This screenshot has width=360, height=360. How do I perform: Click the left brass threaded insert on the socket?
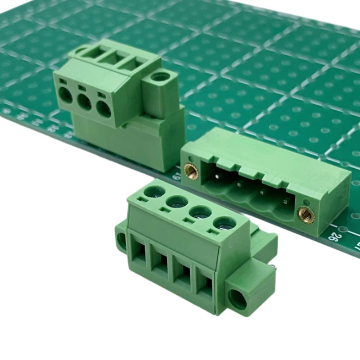point(191,171)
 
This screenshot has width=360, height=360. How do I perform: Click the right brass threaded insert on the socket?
point(306,215)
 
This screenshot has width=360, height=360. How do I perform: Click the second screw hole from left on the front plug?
point(177,202)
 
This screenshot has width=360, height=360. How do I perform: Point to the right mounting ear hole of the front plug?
point(238,299)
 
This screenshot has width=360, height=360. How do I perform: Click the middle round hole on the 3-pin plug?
point(84,103)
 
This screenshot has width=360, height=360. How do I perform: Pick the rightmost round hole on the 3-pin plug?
point(104,109)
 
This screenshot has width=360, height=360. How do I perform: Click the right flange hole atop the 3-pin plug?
point(159,77)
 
